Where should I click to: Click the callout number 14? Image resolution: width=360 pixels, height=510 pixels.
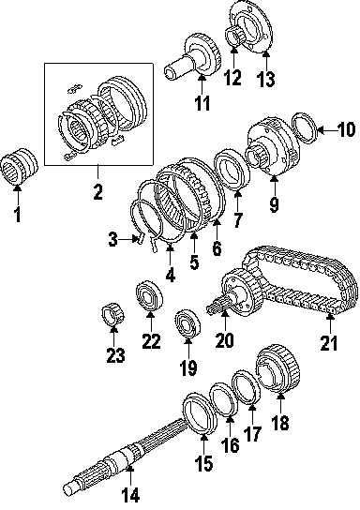(x=130, y=495)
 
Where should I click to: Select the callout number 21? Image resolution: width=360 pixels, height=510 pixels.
(x=329, y=342)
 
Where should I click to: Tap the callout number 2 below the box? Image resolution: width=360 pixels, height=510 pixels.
(x=97, y=191)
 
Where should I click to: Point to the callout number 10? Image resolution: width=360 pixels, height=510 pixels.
(x=345, y=129)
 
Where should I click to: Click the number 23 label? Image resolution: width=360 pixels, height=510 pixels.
(x=115, y=354)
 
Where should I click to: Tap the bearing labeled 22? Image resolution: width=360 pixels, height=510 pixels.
(x=149, y=295)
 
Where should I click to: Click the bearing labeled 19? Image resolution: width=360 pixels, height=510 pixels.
(x=187, y=324)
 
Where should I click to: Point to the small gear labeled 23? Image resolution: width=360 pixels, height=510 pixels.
(x=112, y=313)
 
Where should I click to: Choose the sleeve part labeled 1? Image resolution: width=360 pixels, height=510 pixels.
(x=19, y=166)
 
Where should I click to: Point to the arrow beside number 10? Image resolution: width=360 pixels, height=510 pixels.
(x=326, y=130)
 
